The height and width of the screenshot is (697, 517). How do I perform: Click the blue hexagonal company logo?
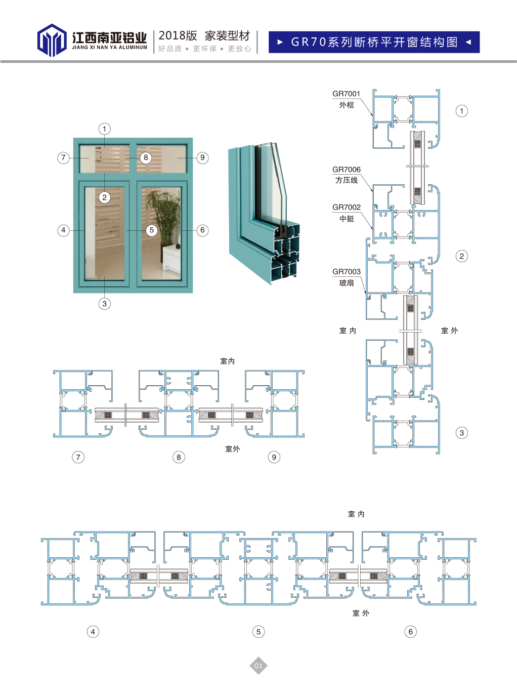click(52, 40)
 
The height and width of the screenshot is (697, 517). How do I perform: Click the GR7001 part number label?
click(346, 94)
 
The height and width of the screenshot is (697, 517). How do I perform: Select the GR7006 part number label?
click(347, 170)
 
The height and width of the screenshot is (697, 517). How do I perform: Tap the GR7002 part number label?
click(347, 207)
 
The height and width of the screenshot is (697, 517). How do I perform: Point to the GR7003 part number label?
click(347, 271)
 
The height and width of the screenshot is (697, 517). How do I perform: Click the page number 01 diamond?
click(258, 666)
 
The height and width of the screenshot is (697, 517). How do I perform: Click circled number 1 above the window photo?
click(105, 129)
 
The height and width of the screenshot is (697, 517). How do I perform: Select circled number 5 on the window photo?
click(152, 230)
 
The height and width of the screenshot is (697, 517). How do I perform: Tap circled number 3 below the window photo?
click(105, 304)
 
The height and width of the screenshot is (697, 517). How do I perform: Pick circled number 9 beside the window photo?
click(202, 157)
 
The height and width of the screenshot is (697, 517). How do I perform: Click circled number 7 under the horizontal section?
click(78, 457)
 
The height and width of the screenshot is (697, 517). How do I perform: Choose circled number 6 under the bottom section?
click(411, 632)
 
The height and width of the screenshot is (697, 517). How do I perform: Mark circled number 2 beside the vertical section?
click(462, 256)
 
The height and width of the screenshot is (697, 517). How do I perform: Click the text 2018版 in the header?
click(178, 36)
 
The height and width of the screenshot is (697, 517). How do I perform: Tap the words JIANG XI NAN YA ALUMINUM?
click(110, 48)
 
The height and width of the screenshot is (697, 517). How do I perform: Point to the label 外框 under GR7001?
click(347, 105)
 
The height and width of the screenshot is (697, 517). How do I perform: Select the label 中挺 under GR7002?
click(347, 218)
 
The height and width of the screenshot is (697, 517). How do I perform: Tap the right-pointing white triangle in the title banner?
click(280, 42)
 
